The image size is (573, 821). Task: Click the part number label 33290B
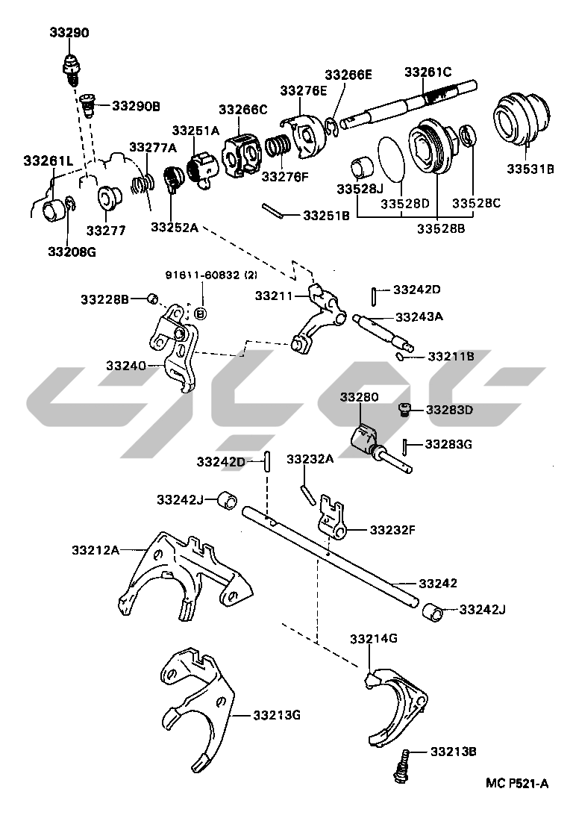coord(136,106)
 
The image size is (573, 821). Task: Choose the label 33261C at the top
coord(428,72)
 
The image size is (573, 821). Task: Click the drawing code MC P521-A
coord(517,783)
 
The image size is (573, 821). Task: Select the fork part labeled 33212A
coord(179,575)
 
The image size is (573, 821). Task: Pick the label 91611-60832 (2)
coord(210,275)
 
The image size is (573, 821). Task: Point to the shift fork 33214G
coord(395,702)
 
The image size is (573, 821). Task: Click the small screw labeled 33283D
coord(404,409)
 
